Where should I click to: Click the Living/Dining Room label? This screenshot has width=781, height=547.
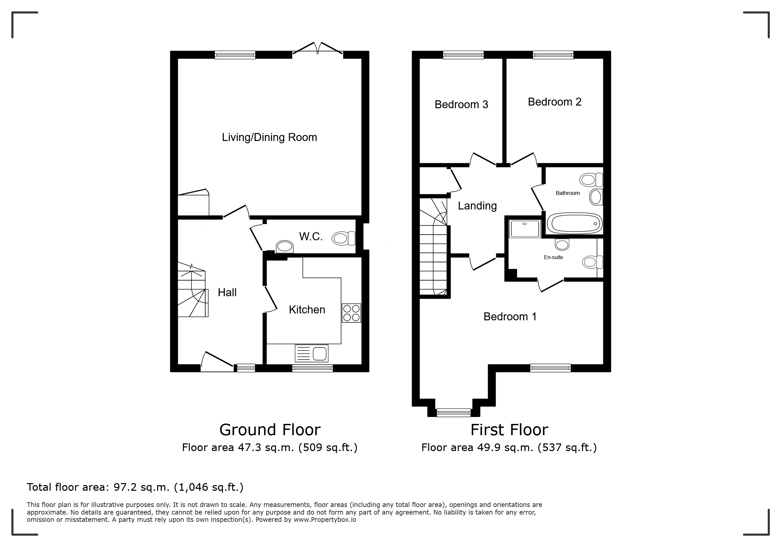tap(269, 138)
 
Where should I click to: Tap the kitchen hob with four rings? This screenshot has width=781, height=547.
tap(351, 313)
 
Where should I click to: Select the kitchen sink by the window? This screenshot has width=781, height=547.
tap(312, 353)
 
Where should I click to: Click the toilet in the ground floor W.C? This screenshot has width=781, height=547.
tap(344, 238)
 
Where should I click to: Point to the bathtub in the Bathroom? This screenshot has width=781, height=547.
tap(575, 223)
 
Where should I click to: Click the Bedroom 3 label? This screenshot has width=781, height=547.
tap(461, 105)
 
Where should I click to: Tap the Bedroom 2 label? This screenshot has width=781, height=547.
tap(555, 102)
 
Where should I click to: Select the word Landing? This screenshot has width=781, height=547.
tap(477, 206)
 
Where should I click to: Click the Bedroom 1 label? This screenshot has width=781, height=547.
tap(510, 317)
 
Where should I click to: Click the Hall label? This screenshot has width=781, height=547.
tap(227, 293)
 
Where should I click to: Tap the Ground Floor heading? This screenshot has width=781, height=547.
tap(270, 430)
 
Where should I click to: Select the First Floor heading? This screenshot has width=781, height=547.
tap(509, 430)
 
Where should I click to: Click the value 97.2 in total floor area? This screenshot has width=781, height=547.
tap(125, 487)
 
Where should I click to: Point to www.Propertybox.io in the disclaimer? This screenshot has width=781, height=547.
tap(325, 520)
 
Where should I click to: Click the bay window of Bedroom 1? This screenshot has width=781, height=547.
tap(454, 413)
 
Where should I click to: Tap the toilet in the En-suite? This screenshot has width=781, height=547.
tap(592, 262)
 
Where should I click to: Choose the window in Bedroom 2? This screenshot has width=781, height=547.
tap(553, 55)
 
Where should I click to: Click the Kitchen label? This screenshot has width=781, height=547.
tap(307, 310)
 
